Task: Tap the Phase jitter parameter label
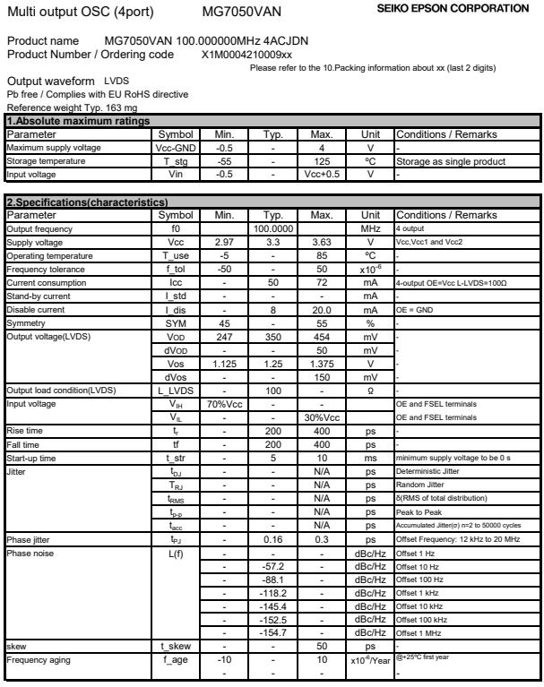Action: [30, 542]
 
